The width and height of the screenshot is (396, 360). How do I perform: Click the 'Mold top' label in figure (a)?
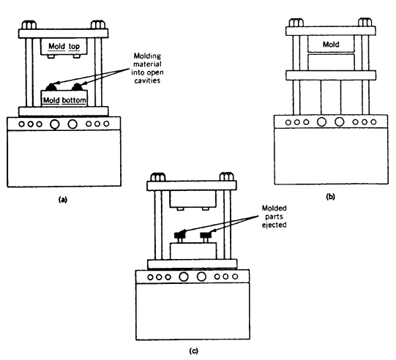(x=64, y=46)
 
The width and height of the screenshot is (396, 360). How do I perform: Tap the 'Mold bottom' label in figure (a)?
(x=64, y=100)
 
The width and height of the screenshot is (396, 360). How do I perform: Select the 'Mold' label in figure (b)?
(x=331, y=45)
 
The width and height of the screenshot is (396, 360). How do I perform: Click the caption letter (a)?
(x=63, y=200)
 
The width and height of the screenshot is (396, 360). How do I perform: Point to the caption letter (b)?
(x=330, y=196)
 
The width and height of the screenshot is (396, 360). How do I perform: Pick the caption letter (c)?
(x=194, y=350)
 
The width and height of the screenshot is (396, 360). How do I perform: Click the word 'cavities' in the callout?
(x=147, y=80)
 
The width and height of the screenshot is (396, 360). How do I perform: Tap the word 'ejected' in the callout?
(x=274, y=225)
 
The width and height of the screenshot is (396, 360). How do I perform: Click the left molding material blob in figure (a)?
(x=52, y=87)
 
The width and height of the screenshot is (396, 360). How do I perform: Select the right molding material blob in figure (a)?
(x=78, y=87)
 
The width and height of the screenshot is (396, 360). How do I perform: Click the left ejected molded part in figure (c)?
(x=180, y=235)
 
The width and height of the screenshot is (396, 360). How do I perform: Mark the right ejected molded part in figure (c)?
(x=206, y=235)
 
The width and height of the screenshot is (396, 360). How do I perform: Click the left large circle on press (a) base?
(x=55, y=124)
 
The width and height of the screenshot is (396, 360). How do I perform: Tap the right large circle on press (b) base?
(x=339, y=121)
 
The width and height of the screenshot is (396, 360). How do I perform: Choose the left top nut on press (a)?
(x=29, y=26)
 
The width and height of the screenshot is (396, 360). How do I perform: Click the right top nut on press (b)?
(x=365, y=23)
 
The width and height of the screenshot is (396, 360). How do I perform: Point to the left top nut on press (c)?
(x=158, y=177)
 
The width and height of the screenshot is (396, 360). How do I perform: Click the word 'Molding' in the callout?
(x=147, y=56)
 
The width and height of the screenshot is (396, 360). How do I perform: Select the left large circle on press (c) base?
(x=184, y=277)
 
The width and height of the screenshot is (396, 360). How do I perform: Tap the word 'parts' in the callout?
(x=274, y=217)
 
